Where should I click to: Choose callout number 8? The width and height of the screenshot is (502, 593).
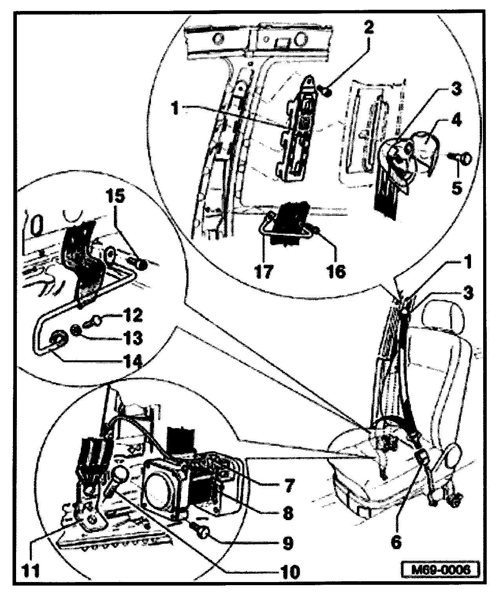pyautogui.click(x=288, y=513)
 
